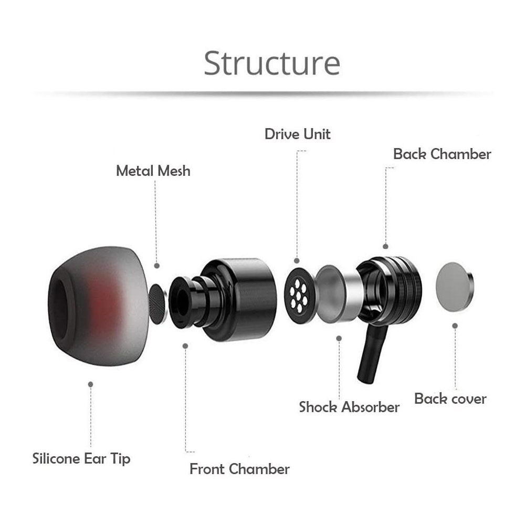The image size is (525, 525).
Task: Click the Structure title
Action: tap(272, 63)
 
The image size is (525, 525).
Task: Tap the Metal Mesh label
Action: tap(153, 171)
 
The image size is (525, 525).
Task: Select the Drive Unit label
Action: tap(297, 134)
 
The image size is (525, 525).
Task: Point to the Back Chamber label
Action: tap(442, 154)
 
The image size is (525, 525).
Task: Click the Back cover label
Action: tap(450, 398)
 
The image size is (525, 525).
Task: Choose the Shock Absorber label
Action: tap(349, 407)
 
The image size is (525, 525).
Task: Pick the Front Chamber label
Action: tap(239, 469)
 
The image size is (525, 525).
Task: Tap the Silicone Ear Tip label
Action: tap(81, 458)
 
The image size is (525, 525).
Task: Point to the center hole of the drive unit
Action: tap(300, 293)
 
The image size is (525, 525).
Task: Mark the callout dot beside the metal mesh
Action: tap(156, 266)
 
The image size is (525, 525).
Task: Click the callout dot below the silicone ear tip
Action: tap(90, 384)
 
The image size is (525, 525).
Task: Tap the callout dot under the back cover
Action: tap(455, 325)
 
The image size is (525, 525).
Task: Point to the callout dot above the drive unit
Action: tap(297, 260)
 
